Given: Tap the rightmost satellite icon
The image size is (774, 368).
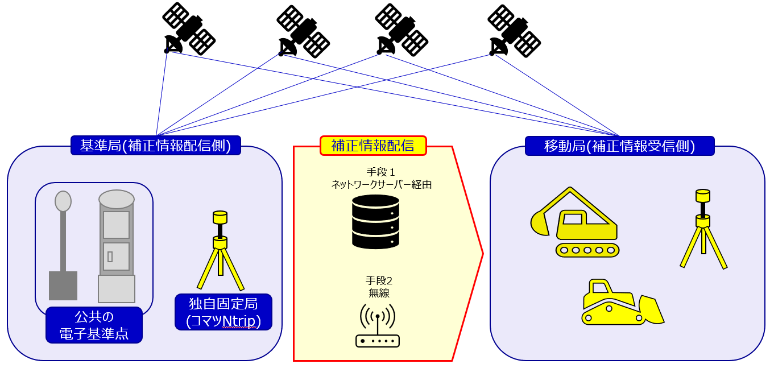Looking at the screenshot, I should pos(514,31).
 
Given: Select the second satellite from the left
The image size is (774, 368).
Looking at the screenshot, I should pos(303,31).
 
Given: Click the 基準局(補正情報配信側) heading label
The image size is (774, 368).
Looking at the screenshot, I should pos(156,146).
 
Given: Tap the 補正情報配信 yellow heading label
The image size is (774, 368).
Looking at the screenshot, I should pos(373,146).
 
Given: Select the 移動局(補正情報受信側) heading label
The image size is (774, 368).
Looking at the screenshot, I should pos(619,146).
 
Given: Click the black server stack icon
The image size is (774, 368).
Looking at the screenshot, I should pos(375,221).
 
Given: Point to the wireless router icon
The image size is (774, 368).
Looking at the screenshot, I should pos(378,326).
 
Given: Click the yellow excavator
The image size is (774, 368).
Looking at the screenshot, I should pos(576,224).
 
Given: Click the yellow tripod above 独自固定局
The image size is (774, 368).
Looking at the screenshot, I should pos(220,250).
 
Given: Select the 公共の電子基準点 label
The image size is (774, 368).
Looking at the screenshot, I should pos(94,325).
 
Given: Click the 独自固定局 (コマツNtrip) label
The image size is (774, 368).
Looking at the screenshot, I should pos(223,312).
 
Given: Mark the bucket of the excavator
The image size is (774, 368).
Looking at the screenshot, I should pos(540,223).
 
